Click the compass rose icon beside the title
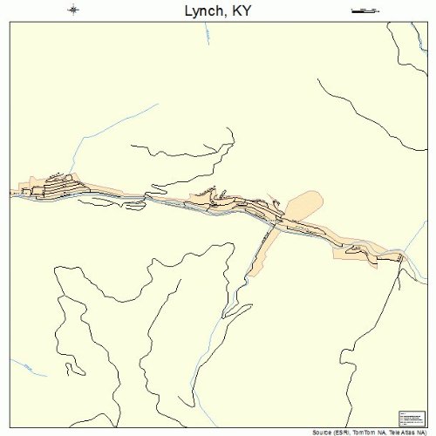(x=73, y=10)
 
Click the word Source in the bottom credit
(x=318, y=433)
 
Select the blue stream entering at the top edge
(x=208, y=35)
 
